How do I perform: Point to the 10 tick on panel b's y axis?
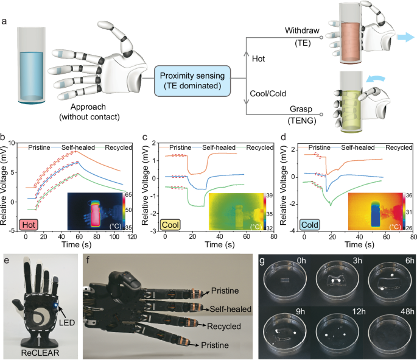(x=15, y=142)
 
